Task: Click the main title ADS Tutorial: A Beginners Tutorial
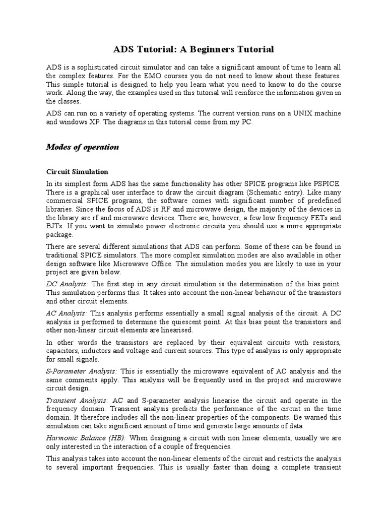[x=193, y=49]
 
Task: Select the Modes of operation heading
[x=83, y=147]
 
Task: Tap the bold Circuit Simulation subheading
[x=77, y=172]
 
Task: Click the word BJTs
[x=55, y=226]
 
